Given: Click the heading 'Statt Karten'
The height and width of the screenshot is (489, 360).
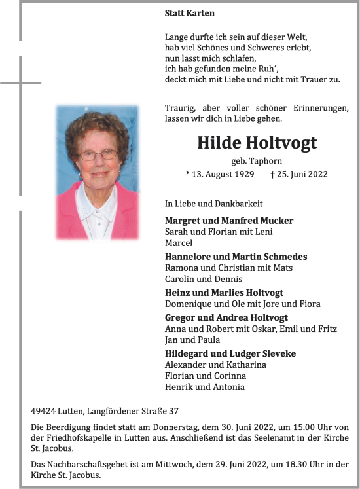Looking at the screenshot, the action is click(x=189, y=13).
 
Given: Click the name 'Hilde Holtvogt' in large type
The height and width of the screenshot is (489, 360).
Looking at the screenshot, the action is click(x=257, y=143).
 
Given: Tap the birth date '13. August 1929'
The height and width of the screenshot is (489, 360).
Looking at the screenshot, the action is click(x=221, y=174).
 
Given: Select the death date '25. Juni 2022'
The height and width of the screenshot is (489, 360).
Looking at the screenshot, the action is click(x=302, y=174).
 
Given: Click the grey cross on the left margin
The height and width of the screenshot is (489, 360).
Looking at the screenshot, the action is click(x=20, y=83).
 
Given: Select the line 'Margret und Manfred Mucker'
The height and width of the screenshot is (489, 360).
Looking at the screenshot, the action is click(x=229, y=221).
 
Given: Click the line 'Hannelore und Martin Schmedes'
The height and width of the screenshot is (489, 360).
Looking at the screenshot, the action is click(x=236, y=257).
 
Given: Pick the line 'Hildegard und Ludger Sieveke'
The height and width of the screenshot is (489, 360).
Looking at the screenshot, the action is click(x=230, y=353).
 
